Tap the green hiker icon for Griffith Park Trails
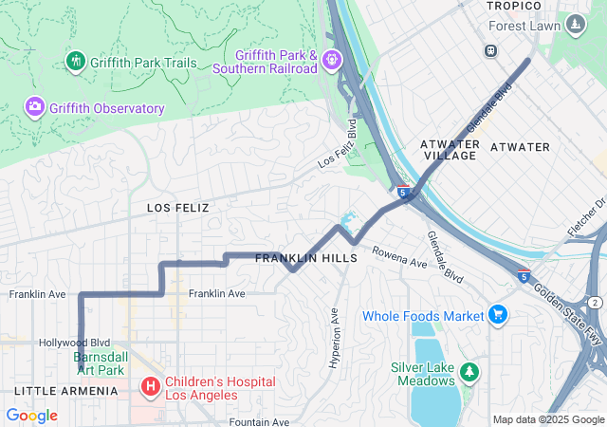pyautogui.click(x=76, y=62)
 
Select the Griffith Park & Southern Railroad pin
pyautogui.click(x=332, y=61)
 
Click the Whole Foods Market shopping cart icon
pyautogui.click(x=498, y=314)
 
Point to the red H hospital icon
pyautogui.click(x=150, y=387)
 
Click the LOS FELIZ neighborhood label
pyautogui.click(x=177, y=207)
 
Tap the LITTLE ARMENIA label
pyautogui.click(x=65, y=391)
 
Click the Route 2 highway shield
pyautogui.click(x=594, y=301)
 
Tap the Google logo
pyautogui.click(x=32, y=416)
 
